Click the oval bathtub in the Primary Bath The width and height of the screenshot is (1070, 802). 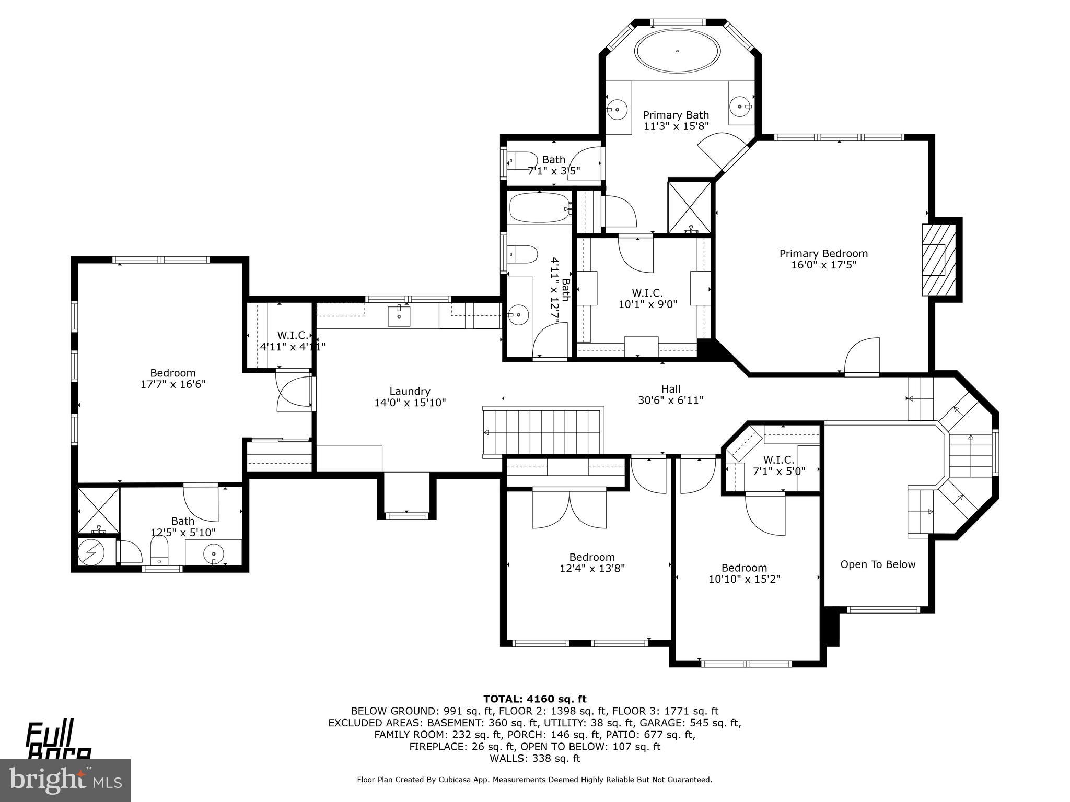coord(678,51)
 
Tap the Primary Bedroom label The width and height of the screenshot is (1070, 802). coord(823,254)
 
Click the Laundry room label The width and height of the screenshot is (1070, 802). coord(410,391)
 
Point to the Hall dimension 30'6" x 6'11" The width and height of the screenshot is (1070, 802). coord(671,400)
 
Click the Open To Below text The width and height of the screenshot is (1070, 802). coord(878,564)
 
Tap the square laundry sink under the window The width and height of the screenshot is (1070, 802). coord(399,316)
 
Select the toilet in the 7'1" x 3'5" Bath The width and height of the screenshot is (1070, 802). coord(522,160)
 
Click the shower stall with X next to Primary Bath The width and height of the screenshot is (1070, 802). coord(690,207)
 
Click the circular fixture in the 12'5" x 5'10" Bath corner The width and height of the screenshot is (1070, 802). coord(95,552)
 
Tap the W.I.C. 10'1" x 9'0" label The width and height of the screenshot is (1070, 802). coord(647,299)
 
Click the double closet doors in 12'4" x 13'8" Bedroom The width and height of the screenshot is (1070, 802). coord(569,509)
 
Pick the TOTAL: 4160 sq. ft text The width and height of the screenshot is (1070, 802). coord(534,699)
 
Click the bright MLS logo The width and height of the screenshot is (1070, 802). coord(65,780)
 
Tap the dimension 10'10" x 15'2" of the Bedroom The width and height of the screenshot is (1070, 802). coord(744,579)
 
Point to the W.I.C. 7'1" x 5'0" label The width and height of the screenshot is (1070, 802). coord(778,465)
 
